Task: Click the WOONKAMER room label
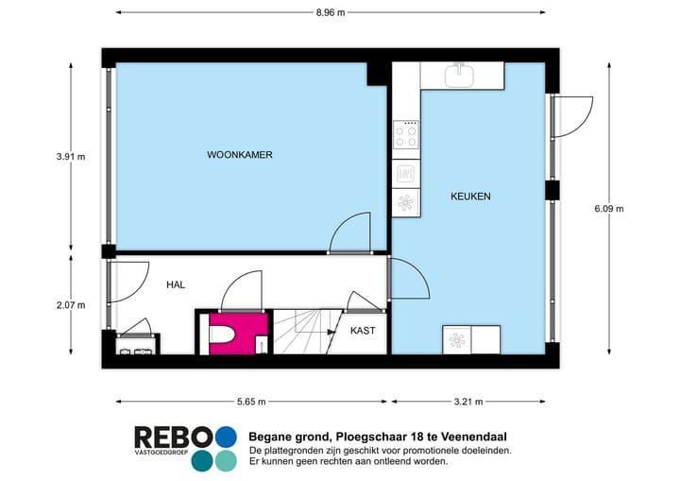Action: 240,155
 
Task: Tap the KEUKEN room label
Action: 470,197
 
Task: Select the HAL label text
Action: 176,284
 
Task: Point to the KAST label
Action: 363,331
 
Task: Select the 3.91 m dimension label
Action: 71,157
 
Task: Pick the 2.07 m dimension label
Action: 71,304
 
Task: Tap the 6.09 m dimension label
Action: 609,209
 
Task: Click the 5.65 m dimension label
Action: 250,402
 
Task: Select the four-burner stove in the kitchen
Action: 406,136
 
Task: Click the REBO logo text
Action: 173,438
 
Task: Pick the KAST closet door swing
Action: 362,301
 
